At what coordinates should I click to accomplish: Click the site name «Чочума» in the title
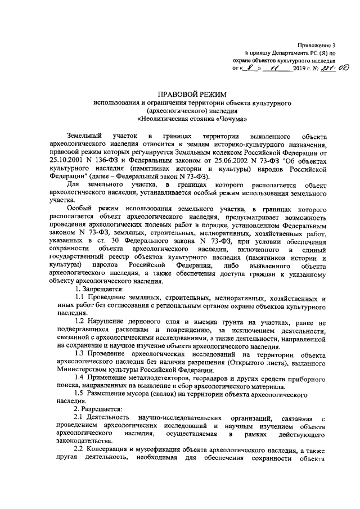coord(229,120)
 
